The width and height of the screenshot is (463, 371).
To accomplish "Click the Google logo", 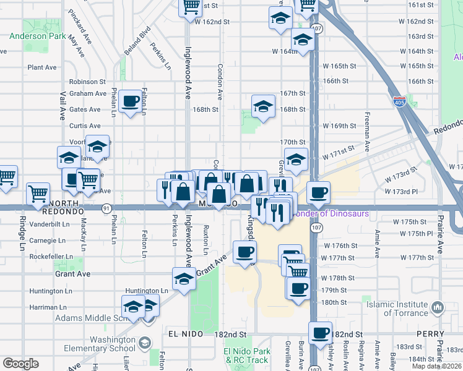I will pos(20,364).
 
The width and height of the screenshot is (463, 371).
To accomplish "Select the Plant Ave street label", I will pos(42,67).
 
